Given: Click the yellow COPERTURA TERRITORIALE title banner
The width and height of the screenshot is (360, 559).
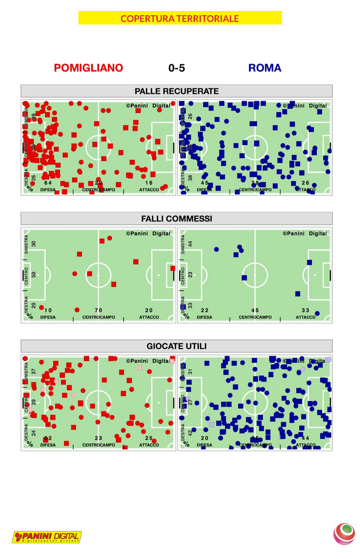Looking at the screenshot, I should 180,18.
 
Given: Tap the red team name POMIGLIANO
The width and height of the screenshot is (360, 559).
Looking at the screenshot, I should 88,68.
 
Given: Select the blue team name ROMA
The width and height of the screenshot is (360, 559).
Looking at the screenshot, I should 265,68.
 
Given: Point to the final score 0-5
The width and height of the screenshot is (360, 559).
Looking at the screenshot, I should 176,68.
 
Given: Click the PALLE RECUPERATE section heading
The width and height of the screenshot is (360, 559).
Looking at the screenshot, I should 176,91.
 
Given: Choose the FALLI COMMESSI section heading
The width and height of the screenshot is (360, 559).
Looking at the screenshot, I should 176,219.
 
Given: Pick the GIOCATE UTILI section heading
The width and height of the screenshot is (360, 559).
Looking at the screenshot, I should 176,346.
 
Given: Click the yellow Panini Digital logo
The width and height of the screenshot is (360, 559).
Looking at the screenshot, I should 47,537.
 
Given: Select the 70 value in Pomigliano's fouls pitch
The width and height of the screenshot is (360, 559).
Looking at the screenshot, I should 99,310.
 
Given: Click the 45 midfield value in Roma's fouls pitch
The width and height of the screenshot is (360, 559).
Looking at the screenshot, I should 255,310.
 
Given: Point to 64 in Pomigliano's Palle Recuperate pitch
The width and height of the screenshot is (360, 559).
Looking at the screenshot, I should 48,183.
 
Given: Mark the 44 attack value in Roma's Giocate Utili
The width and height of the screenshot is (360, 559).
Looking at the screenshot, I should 305,438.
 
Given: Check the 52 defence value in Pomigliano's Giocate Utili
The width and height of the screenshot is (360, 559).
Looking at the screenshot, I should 48,438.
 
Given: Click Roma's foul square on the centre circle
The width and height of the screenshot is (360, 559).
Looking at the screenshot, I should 244,277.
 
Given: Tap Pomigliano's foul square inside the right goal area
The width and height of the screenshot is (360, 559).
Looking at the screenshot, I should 173,268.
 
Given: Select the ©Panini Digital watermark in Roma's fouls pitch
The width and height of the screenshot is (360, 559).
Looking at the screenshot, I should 306,234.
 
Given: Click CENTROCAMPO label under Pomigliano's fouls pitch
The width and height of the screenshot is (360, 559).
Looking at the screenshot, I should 99,317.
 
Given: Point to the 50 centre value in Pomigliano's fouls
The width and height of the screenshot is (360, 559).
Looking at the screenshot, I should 34,275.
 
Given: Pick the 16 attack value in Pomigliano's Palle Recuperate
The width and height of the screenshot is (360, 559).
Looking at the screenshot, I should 149,183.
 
